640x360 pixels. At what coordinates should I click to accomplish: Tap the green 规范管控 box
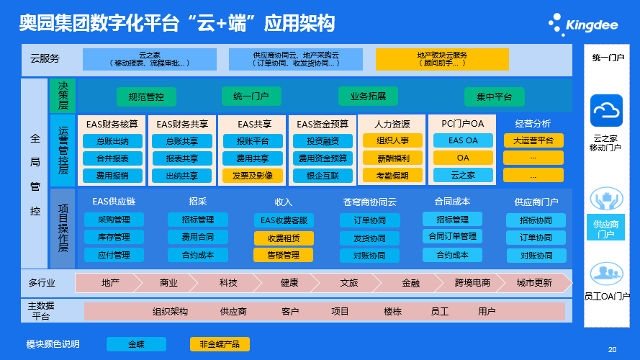(x=146, y=96)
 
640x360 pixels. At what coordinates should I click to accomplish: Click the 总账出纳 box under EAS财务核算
(x=112, y=141)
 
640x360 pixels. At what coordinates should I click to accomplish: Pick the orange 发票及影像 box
(x=248, y=175)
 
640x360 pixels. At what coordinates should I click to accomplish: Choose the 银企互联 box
(x=323, y=175)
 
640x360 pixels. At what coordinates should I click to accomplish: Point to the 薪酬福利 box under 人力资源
(x=393, y=158)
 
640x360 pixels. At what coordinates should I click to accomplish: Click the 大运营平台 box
(x=533, y=140)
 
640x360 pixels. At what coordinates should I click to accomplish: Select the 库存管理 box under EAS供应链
(x=113, y=237)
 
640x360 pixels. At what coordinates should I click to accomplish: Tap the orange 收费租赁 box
(x=284, y=238)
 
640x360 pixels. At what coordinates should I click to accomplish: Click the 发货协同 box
(x=369, y=238)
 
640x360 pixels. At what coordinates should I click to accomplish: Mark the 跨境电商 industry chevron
(x=472, y=283)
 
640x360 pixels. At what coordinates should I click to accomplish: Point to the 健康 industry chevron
(x=289, y=283)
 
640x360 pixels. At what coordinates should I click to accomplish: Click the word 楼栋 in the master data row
(x=392, y=311)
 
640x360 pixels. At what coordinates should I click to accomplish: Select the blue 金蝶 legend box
(x=136, y=344)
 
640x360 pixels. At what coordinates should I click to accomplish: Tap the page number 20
(x=612, y=350)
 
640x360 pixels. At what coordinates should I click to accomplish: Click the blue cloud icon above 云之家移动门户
(x=606, y=110)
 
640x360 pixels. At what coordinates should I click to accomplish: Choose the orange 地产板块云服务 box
(x=442, y=59)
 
